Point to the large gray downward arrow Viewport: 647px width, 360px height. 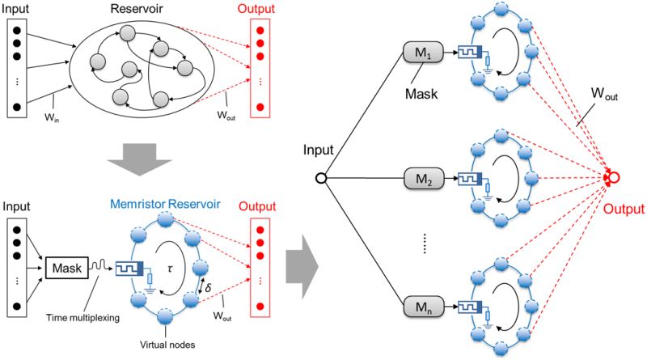click(141, 159)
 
